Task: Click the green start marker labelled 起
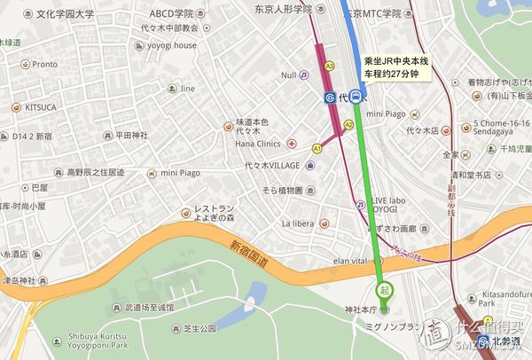tap(384, 290)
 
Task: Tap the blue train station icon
tap(356, 98)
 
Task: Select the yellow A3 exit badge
tap(329, 66)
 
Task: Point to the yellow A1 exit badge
tap(317, 149)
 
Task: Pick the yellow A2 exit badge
tap(348, 125)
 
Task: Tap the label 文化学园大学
tap(52, 15)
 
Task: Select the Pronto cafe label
tap(44, 64)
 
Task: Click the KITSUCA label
tap(41, 106)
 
